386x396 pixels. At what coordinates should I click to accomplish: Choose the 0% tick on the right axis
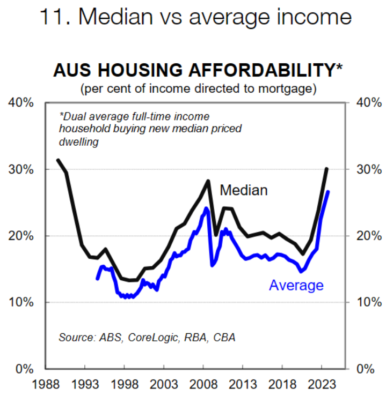pos(368,369)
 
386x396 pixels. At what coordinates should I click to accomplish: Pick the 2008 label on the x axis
pos(203,384)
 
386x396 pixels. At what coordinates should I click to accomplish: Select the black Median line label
pos(244,190)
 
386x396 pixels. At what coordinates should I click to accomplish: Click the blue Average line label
pos(296,285)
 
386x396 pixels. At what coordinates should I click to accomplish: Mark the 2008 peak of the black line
pos(208,181)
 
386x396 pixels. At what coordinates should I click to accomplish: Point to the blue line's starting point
pos(97,279)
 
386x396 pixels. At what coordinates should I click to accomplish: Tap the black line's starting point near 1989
pos(58,160)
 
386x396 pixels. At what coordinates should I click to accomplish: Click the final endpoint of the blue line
pos(328,191)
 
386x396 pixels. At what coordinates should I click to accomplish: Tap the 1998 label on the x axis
pos(124,384)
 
